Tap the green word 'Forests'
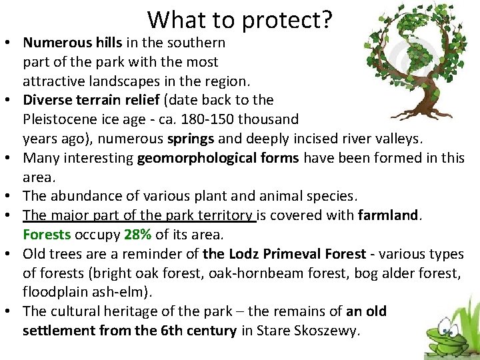47,235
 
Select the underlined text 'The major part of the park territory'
139,215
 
